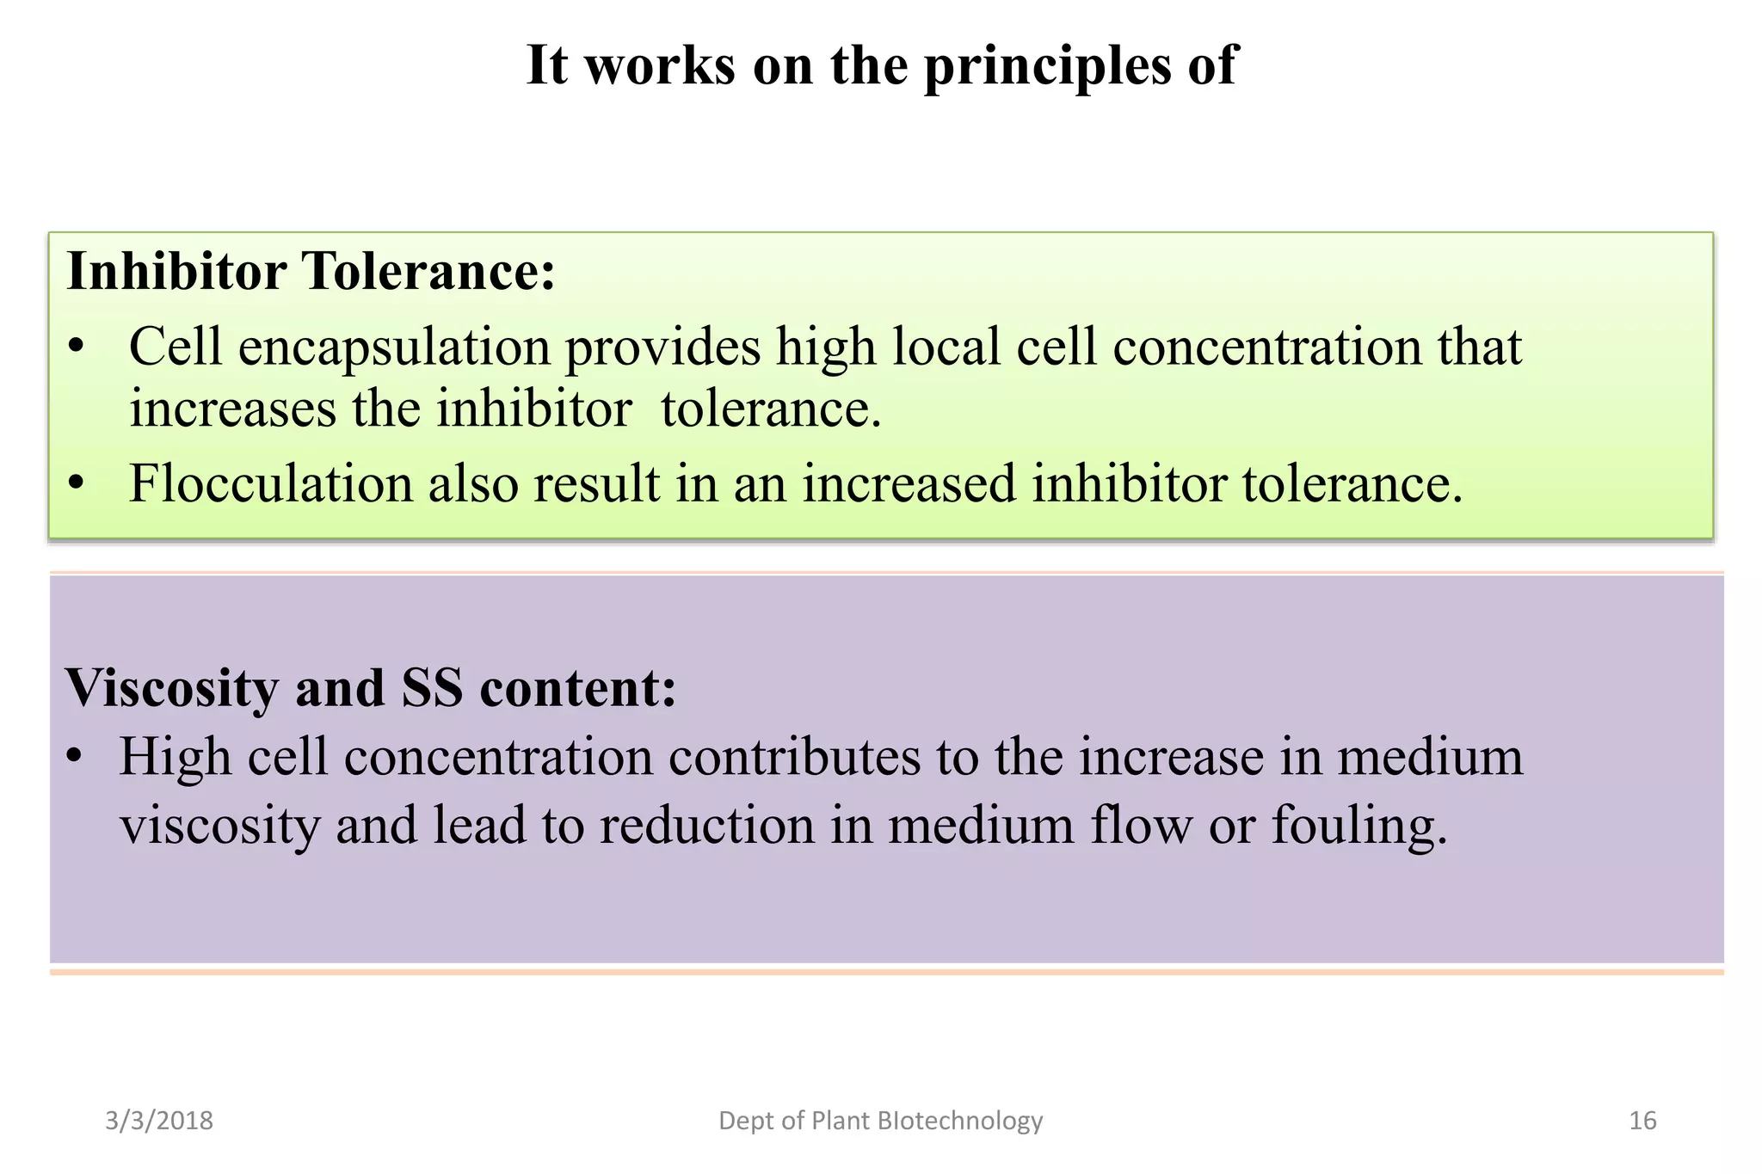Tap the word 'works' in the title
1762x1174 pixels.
point(660,65)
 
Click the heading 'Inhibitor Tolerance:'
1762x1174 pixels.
point(311,272)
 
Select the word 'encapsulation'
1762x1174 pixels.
point(394,348)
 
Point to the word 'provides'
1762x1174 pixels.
point(662,348)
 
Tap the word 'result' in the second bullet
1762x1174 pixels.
point(597,483)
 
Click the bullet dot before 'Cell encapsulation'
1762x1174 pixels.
point(77,348)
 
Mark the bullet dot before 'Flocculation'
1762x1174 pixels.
point(77,484)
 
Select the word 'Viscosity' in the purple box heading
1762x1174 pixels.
point(172,689)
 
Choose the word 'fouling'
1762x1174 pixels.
point(1359,827)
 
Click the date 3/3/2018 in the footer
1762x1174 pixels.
point(159,1121)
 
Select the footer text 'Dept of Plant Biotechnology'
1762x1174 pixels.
point(880,1121)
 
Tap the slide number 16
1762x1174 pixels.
point(1642,1121)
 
